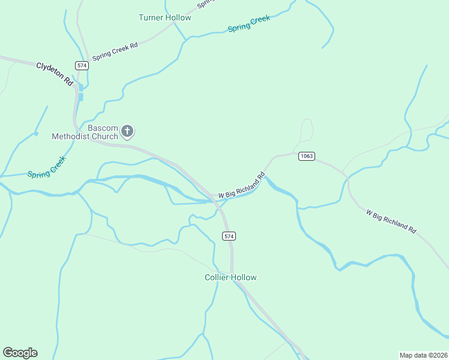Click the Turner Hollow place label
coord(164,17)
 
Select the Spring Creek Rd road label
coord(115,50)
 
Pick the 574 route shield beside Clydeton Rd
coord(82,65)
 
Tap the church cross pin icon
coord(127,131)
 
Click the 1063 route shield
coord(306,156)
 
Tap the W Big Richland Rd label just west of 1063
coord(241,187)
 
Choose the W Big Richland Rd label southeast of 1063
coord(391,221)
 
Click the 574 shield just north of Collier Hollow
coord(229,236)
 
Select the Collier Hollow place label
coord(231,277)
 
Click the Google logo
coord(20,353)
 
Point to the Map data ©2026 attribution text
coord(423,355)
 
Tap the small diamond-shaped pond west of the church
coord(35,133)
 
